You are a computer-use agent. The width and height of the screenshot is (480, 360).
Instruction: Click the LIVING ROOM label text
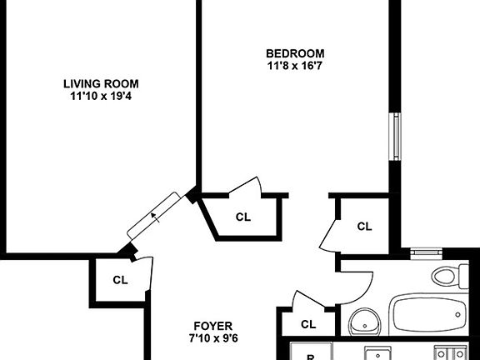101,83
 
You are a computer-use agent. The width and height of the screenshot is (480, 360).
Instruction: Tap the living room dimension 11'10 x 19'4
101,96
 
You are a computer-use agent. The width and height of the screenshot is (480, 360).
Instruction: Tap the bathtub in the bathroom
428,316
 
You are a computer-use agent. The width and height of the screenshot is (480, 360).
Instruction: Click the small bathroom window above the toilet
427,250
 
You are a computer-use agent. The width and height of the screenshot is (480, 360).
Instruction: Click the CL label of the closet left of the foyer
120,280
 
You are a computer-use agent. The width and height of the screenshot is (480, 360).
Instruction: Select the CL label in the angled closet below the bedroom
242,217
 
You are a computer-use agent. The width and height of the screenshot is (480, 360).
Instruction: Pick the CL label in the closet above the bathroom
364,226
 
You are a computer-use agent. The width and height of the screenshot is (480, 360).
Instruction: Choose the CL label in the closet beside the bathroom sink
308,324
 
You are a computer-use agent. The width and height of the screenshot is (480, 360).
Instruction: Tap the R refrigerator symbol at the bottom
310,357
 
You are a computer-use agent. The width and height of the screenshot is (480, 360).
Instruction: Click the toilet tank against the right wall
462,277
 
